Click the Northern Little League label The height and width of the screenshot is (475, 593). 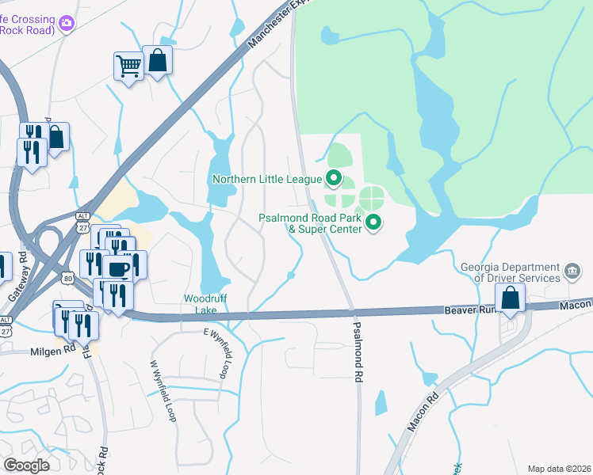pyautogui.click(x=268, y=179)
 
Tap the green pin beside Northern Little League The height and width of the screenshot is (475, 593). pyautogui.click(x=335, y=178)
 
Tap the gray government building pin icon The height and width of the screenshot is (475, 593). pyautogui.click(x=572, y=272)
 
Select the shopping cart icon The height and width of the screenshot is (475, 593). pyautogui.click(x=128, y=66)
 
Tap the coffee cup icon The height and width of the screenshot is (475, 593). pyautogui.click(x=118, y=268)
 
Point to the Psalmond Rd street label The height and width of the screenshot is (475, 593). pyautogui.click(x=358, y=353)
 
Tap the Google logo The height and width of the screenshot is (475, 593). pyautogui.click(x=26, y=465)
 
